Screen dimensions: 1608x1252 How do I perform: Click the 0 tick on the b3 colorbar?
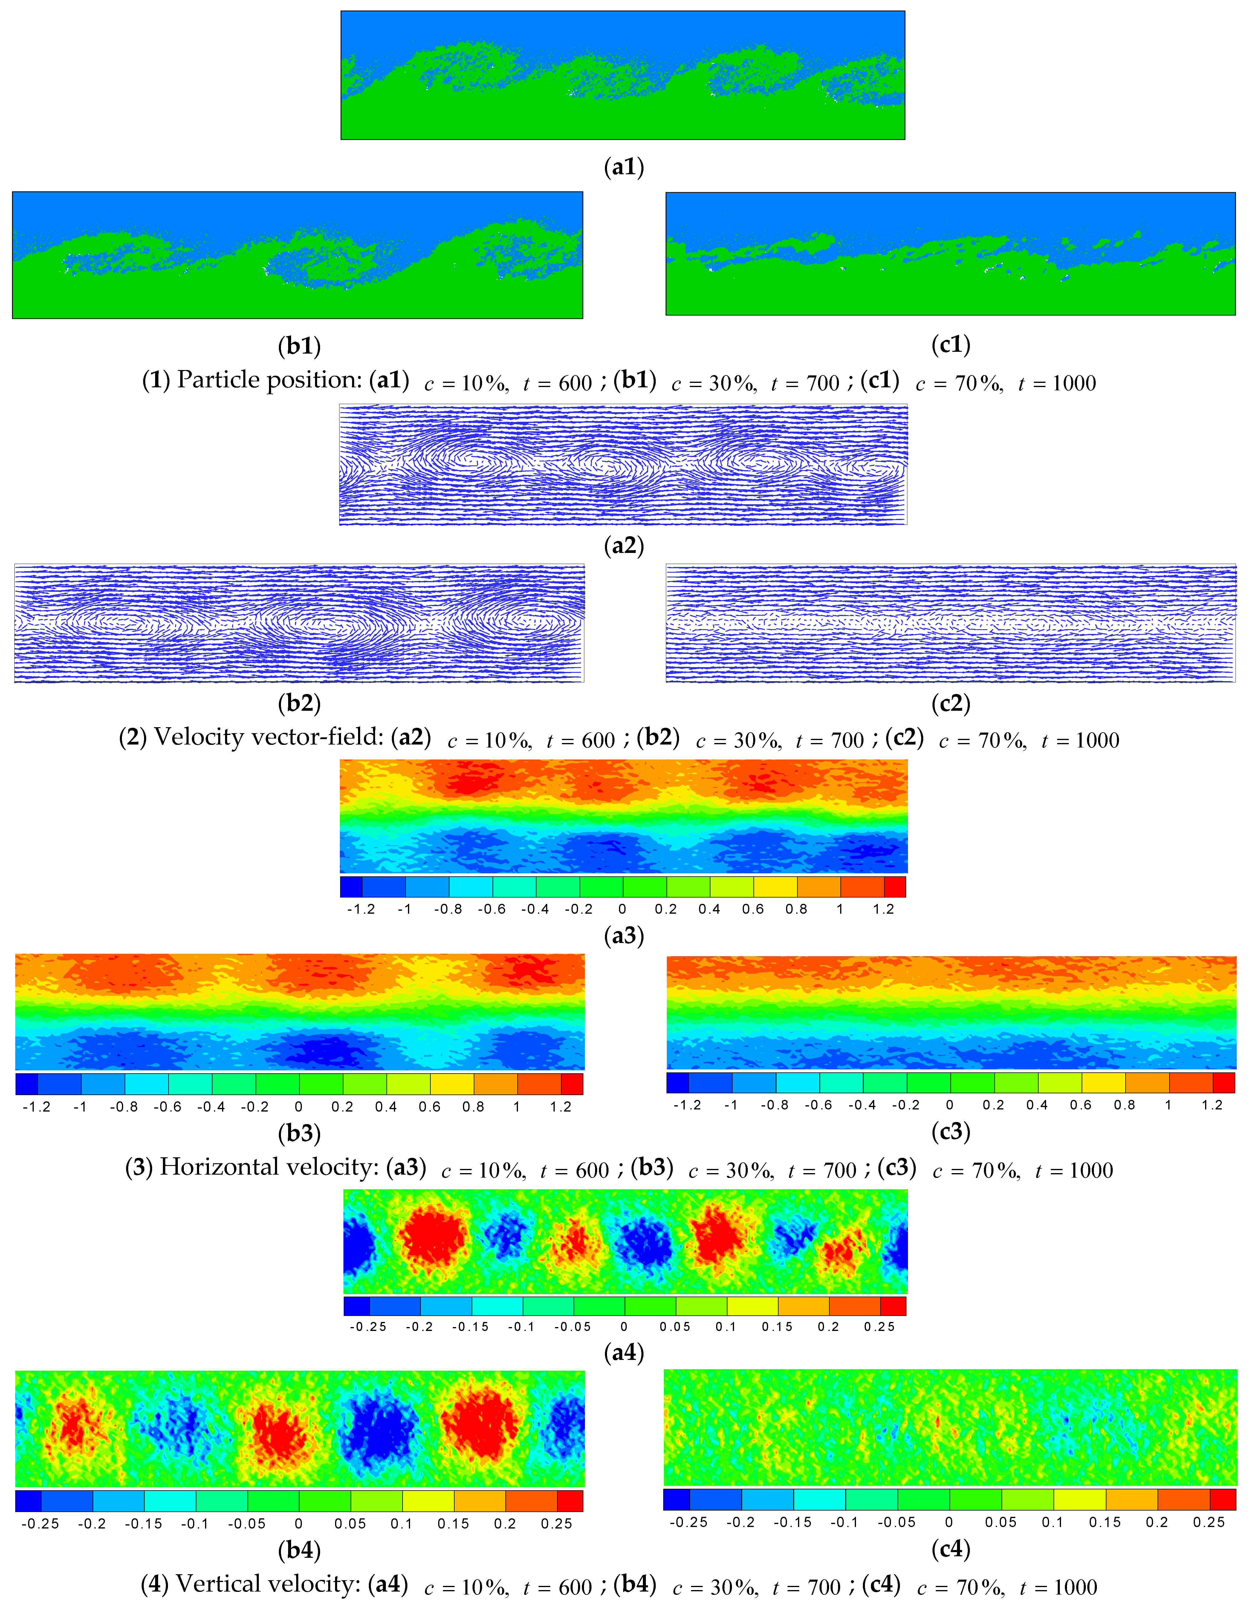[298, 1106]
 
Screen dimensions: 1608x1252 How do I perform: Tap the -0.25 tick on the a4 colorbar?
[368, 1327]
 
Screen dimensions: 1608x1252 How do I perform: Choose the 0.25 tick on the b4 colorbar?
[557, 1523]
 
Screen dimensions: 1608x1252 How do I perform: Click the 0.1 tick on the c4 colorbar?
[1053, 1522]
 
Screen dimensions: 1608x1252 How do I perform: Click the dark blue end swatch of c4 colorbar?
[676, 1500]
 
